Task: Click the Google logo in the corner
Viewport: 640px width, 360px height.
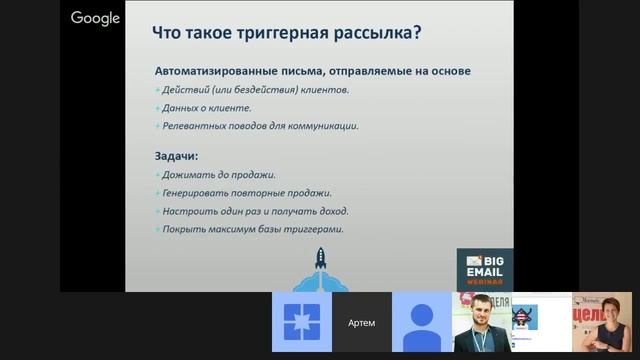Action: tap(95, 18)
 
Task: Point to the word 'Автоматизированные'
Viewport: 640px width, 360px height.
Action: tap(215, 72)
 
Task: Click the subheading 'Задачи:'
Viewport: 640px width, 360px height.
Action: tap(177, 156)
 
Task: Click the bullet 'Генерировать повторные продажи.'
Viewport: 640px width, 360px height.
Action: tap(246, 193)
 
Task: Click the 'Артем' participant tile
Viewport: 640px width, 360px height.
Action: tap(362, 322)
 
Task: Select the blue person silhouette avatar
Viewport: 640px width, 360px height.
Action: tap(421, 322)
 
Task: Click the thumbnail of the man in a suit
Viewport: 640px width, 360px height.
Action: tap(481, 322)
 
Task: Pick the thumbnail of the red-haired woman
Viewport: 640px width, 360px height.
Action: tap(602, 322)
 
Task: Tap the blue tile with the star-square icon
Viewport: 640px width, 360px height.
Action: tap(302, 322)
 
